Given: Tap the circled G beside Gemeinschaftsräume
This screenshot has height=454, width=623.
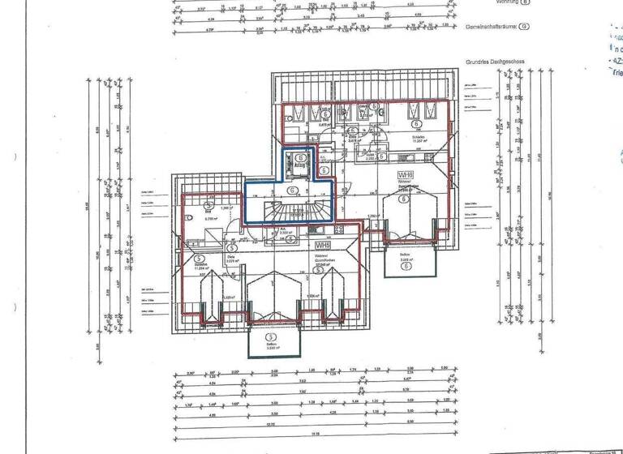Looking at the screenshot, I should pos(525,26).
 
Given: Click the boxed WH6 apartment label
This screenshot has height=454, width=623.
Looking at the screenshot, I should pos(406,175).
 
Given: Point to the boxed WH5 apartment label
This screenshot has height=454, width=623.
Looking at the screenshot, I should pos(322,244).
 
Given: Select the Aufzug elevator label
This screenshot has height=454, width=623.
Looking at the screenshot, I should pos(299,165).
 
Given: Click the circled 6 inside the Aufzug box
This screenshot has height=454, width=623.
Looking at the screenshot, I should pos(300,157).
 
